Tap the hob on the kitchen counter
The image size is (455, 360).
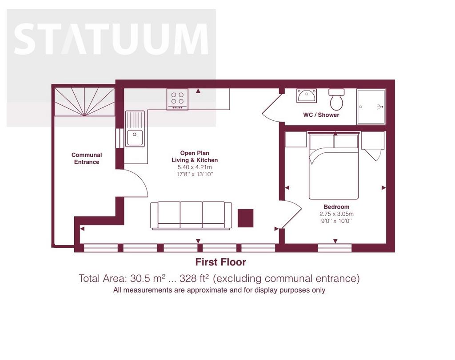coord(177,99)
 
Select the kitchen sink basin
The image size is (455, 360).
coord(135,138)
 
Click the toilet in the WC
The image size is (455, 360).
coord(337,99)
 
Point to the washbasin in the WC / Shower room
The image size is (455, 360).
coord(307,95)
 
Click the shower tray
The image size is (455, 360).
coord(371,107)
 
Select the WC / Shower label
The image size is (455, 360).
coord(321,115)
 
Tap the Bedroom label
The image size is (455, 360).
coord(336,207)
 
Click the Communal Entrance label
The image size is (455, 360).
coord(87,158)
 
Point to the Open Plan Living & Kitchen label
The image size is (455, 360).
coord(195,157)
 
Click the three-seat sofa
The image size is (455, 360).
coord(191,216)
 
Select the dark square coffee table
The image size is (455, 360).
coord(245,218)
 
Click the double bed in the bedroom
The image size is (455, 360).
coord(334,166)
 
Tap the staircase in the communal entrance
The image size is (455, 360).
coord(85,102)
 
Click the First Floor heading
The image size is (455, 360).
coord(220,262)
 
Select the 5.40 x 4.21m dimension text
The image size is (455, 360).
coord(195,167)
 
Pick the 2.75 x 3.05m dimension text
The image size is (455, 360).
coord(336,214)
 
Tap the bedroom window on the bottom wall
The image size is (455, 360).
coord(335,248)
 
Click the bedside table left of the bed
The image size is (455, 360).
coord(296,139)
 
